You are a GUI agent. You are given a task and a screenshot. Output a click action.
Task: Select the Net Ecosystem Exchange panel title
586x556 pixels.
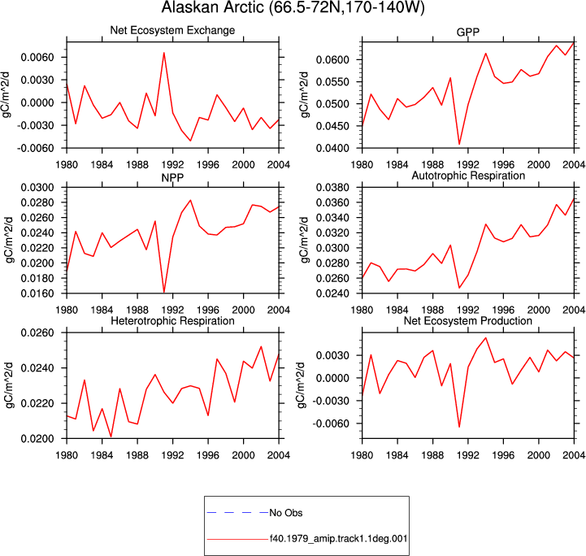point(172,30)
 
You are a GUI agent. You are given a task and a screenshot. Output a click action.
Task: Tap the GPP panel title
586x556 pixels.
point(468,33)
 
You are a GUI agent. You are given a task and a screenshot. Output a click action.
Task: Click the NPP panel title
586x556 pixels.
point(172,177)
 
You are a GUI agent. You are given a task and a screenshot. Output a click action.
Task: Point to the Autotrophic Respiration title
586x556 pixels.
point(468,176)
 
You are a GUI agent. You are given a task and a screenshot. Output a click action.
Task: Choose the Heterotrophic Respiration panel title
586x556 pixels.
point(172,321)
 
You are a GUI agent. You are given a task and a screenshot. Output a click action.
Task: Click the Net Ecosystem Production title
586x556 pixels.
point(468,321)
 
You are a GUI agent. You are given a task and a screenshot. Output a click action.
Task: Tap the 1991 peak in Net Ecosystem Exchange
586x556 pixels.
point(164,53)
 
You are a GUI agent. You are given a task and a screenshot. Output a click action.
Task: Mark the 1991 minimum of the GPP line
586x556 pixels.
point(459,144)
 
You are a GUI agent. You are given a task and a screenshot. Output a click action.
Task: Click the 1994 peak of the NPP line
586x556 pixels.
point(191,200)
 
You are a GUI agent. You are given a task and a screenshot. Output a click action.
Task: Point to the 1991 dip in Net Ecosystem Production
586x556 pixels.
point(459,427)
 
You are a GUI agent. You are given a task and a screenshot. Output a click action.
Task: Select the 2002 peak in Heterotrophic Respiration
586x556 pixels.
point(261,346)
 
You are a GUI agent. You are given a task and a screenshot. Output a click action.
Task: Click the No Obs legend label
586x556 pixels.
point(286,513)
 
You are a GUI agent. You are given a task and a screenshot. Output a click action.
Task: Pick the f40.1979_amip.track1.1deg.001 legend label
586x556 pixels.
point(339,539)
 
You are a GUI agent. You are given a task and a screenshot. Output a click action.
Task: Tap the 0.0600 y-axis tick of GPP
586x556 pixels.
point(332,60)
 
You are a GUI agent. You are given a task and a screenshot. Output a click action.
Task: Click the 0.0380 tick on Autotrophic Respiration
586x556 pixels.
point(332,187)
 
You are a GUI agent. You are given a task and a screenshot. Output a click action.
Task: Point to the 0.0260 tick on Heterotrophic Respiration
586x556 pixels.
point(37,332)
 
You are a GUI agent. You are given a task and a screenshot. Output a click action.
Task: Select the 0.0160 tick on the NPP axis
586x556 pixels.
point(37,293)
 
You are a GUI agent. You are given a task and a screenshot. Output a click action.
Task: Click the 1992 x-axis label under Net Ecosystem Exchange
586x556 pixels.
point(172,164)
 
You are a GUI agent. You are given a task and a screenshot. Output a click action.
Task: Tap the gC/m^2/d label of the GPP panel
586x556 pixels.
point(305,95)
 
